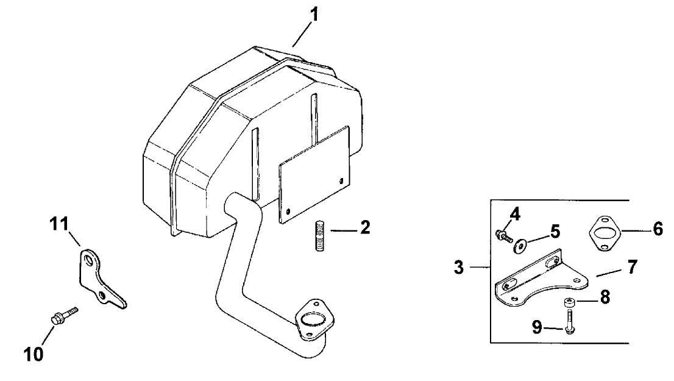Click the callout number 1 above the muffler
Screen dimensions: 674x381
315,15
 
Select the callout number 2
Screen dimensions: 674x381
365,227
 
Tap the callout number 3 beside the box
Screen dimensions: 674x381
459,268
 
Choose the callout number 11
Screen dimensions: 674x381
59,224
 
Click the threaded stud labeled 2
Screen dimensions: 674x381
319,235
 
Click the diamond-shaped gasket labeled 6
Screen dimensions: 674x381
604,233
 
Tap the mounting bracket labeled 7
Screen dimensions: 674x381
542,280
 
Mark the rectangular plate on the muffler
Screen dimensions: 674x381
314,174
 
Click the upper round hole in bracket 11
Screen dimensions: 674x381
89,260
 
